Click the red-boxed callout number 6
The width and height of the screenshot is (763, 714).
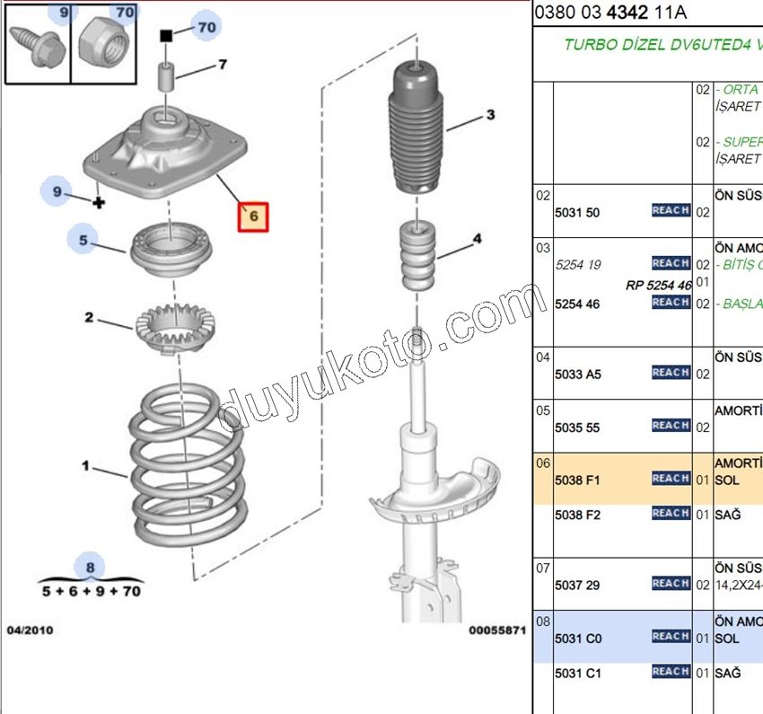pos(252,216)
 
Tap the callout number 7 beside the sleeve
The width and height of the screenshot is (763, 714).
pos(222,64)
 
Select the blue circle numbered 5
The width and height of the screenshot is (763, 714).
pos(83,240)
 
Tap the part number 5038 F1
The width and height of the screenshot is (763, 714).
pos(578,480)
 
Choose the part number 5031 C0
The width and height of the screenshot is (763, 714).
pos(578,638)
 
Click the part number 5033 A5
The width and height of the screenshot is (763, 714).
pos(578,374)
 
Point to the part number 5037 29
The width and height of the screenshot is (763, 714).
pos(578,585)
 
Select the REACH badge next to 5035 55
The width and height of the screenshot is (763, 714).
pos(671,426)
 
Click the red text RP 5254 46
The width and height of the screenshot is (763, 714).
pos(659,285)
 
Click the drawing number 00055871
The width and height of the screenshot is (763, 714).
pos(496,630)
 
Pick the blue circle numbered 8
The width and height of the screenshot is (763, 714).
pos(90,567)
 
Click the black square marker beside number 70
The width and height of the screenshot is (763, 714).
pos(166,36)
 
